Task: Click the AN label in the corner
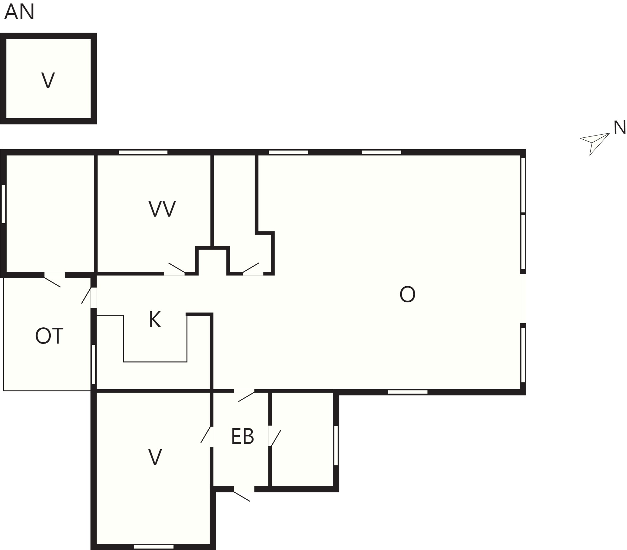point(19,13)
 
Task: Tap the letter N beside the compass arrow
point(620,128)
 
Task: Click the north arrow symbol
point(595,144)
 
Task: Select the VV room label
point(162,209)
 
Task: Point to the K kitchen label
point(155,319)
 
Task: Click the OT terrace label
point(49,336)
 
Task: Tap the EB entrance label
point(243,437)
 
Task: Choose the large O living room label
point(407,294)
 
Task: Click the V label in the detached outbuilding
point(48,80)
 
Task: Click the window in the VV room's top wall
point(143,152)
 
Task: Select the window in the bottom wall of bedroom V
point(154,547)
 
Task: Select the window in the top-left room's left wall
point(3,204)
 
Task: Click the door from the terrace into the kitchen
point(89,297)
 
